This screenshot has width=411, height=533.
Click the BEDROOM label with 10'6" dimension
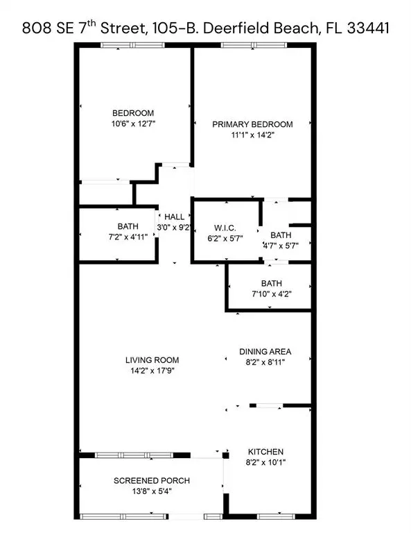(133, 113)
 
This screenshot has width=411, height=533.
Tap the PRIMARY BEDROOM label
(252, 124)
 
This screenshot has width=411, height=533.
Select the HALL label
(174, 217)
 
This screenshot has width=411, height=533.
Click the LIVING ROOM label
(152, 359)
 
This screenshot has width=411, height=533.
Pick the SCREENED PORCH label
(152, 480)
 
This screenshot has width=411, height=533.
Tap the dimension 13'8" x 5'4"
(152, 491)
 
